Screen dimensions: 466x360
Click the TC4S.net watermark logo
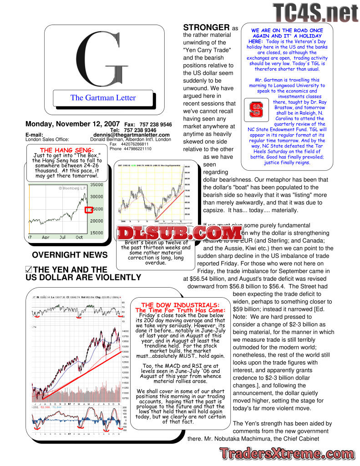(315, 12)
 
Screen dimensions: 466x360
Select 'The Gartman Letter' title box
(103, 97)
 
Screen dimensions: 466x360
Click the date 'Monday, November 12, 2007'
(72, 124)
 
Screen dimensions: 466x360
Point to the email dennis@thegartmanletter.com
(132, 135)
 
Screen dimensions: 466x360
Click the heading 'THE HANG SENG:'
(67, 150)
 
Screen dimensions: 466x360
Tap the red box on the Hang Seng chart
(89, 210)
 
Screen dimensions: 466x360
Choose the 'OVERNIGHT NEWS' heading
(70, 255)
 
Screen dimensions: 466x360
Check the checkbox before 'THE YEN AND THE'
(29, 270)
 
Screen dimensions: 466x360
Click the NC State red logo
(256, 109)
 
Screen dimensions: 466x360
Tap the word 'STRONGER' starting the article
(206, 27)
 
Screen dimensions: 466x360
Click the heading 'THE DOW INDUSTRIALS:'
(181, 305)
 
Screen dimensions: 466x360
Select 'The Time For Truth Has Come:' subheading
(181, 310)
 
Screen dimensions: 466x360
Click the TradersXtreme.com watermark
(284, 453)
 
